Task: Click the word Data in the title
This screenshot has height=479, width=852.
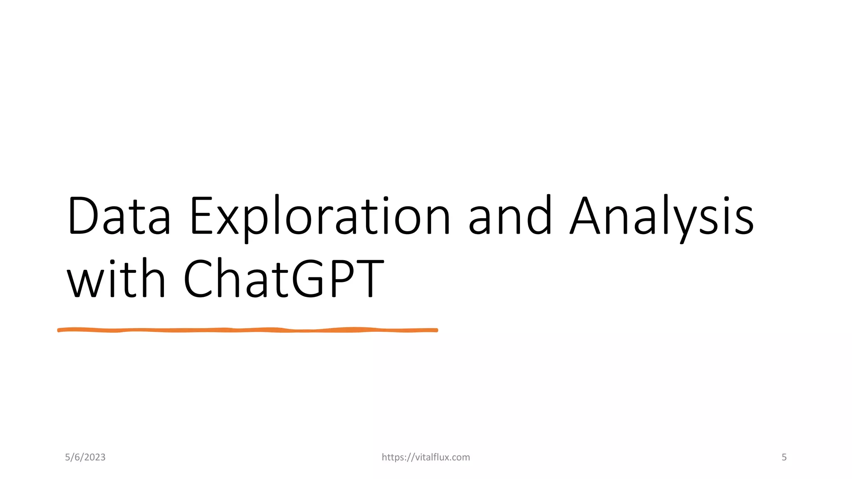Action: click(x=119, y=216)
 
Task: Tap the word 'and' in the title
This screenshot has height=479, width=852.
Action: click(x=510, y=216)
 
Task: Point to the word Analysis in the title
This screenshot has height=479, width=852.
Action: click(x=661, y=216)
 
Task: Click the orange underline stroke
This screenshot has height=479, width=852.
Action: click(x=248, y=330)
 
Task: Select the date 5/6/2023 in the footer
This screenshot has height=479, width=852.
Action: click(x=85, y=457)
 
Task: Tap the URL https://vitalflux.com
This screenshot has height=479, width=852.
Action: click(x=426, y=457)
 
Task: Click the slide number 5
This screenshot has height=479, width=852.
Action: click(x=784, y=457)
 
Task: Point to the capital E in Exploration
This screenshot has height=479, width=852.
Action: click(x=201, y=216)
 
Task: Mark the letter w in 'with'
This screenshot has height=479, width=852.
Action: click(x=83, y=283)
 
